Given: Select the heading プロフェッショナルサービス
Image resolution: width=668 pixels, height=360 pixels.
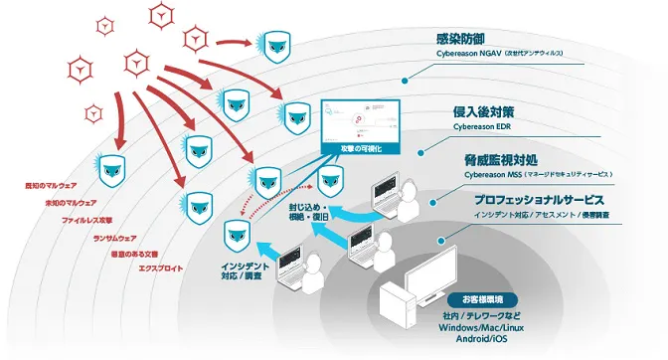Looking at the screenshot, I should pyautogui.click(x=557, y=199).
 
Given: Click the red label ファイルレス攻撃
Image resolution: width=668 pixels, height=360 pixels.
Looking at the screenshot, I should pyautogui.click(x=87, y=219).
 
